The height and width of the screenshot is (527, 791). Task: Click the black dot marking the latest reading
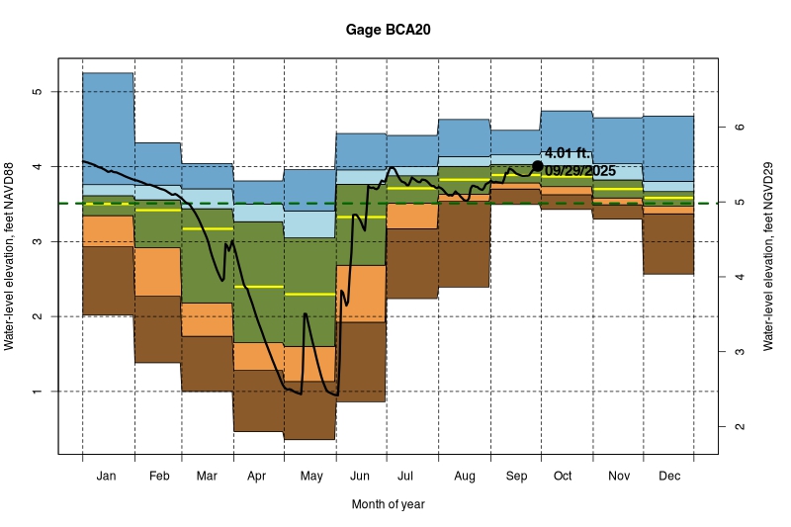[537, 166]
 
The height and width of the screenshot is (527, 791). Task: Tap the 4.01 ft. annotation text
[567, 153]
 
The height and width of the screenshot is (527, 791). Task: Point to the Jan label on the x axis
[108, 477]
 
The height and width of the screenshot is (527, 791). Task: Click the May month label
[310, 477]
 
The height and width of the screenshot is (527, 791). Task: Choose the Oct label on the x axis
[563, 477]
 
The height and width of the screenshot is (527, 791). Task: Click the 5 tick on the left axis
[38, 92]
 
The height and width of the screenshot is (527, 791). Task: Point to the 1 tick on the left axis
[38, 392]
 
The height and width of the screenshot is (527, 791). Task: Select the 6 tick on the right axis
[737, 128]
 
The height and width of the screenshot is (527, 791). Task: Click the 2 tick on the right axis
[737, 427]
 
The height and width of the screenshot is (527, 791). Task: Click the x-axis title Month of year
[388, 504]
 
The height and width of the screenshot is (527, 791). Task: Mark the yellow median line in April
[259, 287]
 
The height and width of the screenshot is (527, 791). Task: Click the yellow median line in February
[157, 211]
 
